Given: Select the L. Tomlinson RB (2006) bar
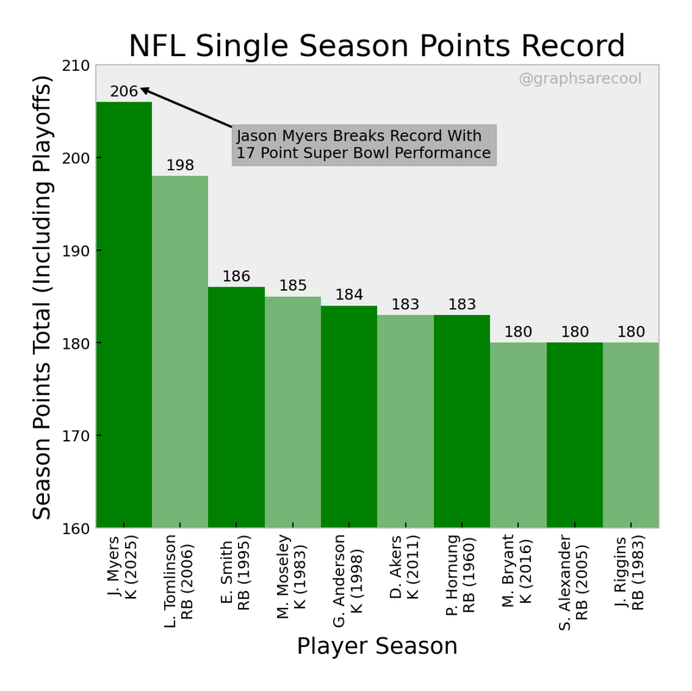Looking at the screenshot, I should [x=180, y=352].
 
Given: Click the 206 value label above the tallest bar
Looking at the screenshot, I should [x=124, y=91].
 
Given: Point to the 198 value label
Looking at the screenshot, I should [x=180, y=166].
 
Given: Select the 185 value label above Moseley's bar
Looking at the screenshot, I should [x=293, y=286].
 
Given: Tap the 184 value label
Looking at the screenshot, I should [x=349, y=295].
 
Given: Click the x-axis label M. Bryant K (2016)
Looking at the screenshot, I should [x=518, y=571].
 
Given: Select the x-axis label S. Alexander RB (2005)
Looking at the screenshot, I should [x=574, y=581].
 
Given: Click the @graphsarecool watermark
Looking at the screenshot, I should [x=580, y=79].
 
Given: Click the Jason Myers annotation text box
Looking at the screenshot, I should [x=364, y=145].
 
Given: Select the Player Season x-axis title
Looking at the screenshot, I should [x=377, y=646].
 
